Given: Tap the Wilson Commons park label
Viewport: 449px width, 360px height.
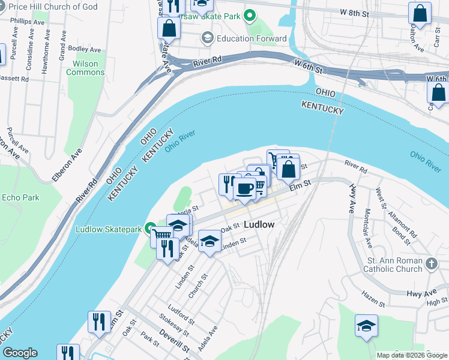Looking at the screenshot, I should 85,68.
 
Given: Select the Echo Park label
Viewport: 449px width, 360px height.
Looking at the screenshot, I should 20,197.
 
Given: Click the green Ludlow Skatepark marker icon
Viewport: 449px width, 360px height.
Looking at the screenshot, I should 152,229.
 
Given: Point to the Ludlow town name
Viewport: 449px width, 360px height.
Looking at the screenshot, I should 259,224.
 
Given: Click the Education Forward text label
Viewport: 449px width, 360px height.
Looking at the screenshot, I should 252,38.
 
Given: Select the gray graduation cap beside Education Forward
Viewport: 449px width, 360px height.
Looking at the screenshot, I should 207,38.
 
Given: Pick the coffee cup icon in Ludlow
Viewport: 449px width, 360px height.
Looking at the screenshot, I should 244,189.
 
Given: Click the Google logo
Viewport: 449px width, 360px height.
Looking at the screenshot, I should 20,353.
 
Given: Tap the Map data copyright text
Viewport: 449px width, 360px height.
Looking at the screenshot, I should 411,355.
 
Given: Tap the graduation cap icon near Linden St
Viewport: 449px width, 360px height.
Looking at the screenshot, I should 209,241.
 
